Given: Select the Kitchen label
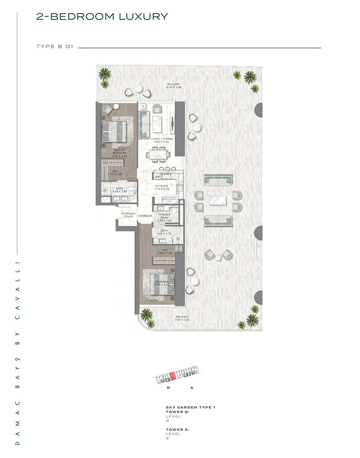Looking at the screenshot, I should click(162, 186).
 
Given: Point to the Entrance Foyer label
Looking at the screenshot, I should click(127, 215).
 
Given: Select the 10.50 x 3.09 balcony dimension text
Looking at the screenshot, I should click(174, 88).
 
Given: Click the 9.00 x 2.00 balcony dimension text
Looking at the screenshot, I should click(181, 320).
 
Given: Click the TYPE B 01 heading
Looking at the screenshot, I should click(56, 47).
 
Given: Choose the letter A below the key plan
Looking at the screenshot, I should click(191, 388).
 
